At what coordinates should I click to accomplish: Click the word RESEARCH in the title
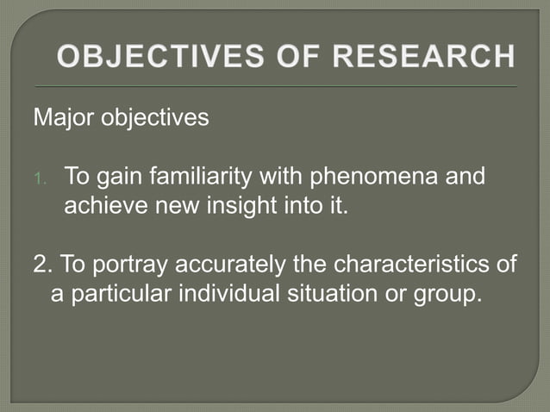pos(425,59)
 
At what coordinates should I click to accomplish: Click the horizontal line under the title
pos(275,87)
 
